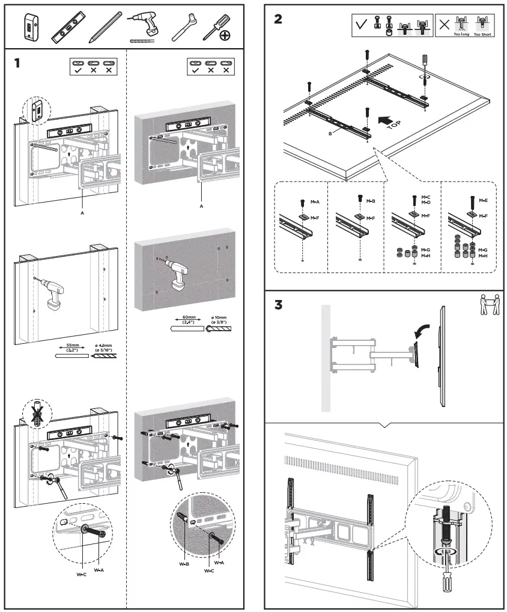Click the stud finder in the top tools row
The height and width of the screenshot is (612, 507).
tap(29, 28)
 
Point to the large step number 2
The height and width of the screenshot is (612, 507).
tap(278, 19)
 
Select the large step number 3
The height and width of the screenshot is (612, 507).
tap(278, 305)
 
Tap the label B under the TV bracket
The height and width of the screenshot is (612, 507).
tap(330, 133)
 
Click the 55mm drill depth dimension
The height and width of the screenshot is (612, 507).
tap(72, 347)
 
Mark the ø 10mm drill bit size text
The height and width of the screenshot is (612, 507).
tap(219, 319)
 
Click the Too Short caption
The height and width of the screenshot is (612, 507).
tap(482, 35)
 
